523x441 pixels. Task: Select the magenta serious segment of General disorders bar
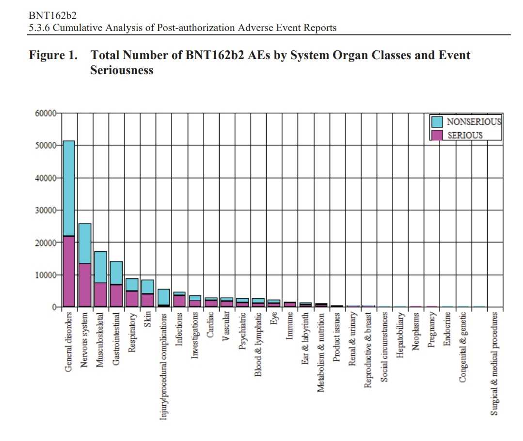coord(69,271)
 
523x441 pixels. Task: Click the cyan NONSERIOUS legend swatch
coord(437,122)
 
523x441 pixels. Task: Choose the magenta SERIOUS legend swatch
coord(437,135)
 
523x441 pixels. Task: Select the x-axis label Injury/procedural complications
coord(164,366)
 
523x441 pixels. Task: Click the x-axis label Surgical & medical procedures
coord(494,363)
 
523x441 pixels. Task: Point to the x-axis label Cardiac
coord(211,325)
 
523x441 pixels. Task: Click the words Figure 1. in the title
coord(53,55)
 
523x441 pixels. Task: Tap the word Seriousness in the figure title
coord(122,70)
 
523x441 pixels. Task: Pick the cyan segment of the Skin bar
coord(148,287)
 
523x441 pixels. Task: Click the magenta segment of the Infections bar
coord(179,301)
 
